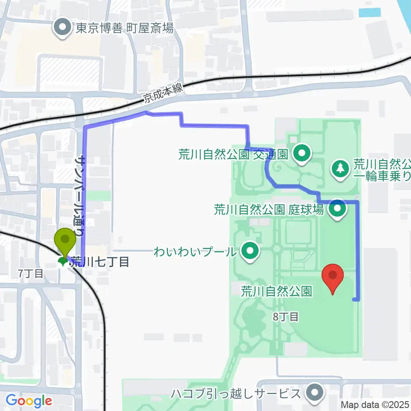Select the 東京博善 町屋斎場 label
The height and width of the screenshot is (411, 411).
point(125,29)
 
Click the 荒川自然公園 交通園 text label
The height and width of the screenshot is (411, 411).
point(235,153)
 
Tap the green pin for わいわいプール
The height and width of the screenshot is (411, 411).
point(250,251)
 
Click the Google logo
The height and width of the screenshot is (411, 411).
point(29,401)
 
